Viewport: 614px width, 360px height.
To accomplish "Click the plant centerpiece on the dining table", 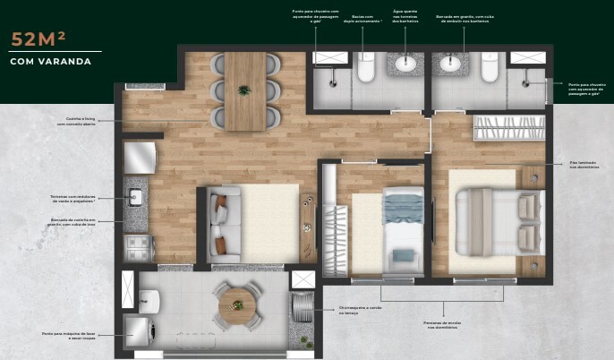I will pos(244,90).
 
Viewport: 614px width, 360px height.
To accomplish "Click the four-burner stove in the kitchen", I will pos(138,247).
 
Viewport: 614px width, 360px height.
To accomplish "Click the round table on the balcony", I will pos(238,305).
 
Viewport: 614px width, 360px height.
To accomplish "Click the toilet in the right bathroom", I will pos(490,67).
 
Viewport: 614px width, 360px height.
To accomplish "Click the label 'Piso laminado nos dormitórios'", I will pos(584,165).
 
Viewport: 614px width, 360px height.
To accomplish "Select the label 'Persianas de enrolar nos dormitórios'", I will pos(444,324).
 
